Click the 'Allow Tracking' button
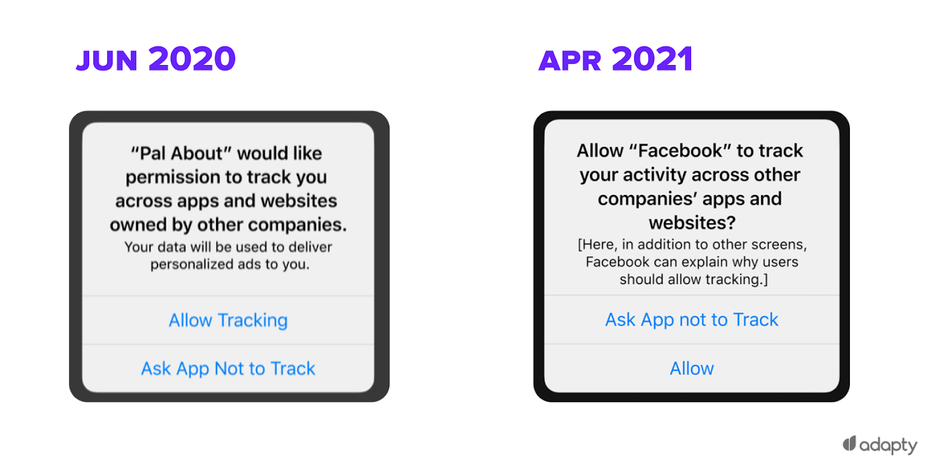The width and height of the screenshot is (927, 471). point(228,320)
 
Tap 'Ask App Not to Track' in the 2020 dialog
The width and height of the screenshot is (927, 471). point(228,368)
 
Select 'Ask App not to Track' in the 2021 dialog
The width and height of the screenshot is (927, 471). point(692,320)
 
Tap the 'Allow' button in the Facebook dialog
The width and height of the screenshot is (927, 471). point(692,368)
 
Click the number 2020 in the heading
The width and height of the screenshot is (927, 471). point(192,59)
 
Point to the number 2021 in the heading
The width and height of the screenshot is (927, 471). point(652,59)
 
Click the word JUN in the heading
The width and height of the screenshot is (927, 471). point(107,61)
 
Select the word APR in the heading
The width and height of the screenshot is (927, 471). point(570,61)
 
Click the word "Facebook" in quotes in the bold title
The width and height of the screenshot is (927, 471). point(680,151)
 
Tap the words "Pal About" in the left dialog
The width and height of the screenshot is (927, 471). point(181,153)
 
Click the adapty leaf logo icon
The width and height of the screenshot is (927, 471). point(849,444)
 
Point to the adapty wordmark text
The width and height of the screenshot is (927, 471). point(889,445)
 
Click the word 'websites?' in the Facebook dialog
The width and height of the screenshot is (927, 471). point(692,223)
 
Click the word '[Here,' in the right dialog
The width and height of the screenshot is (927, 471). point(597,245)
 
